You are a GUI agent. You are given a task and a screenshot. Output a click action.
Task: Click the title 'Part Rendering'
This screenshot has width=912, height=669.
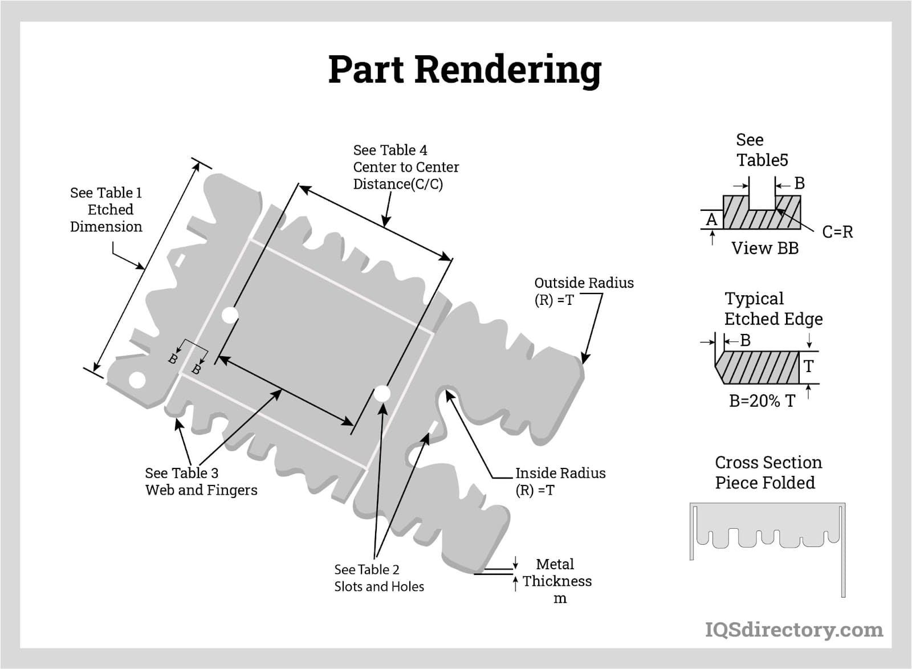pos(465,70)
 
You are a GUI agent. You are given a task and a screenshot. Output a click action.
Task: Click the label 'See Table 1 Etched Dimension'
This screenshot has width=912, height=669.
pos(106,210)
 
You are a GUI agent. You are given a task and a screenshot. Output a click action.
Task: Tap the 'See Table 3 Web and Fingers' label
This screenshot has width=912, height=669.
pos(201,482)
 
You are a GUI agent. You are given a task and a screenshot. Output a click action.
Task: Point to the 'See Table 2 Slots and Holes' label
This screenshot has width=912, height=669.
pos(378,578)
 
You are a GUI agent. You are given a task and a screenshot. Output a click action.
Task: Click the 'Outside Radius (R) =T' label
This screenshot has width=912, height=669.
pos(583,291)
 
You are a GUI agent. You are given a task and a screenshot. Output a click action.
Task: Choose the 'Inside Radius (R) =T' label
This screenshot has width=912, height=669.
pos(560,482)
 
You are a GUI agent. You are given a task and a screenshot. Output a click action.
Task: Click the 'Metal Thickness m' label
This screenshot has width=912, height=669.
pos(556,581)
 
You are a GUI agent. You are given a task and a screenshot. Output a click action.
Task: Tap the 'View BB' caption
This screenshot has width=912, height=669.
pos(764,248)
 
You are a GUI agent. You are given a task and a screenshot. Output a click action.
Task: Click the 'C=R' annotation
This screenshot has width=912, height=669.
pos(837,232)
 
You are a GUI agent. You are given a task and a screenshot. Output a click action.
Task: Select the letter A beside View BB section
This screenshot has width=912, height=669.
pos(711,219)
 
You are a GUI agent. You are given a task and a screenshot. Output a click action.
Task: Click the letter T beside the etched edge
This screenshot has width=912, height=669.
pos(808,366)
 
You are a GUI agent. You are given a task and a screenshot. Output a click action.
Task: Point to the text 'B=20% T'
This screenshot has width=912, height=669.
pos(762,401)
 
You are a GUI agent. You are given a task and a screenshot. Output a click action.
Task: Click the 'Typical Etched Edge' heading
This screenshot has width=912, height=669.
pos(772,309)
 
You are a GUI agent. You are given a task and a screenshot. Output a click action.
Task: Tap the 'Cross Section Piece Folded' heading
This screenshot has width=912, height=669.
pos(767,472)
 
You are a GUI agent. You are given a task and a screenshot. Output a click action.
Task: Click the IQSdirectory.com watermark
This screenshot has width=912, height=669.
pos(793,630)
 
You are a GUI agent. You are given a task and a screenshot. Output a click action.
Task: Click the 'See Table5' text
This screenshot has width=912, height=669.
pos(762,150)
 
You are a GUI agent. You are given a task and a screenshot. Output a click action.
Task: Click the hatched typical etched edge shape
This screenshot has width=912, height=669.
pos(758,368)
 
